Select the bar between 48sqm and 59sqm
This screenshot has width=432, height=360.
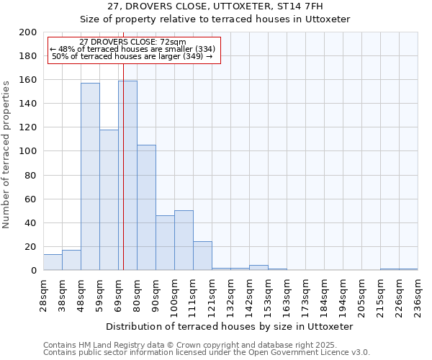[90, 176]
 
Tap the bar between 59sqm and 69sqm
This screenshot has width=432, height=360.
[109, 199]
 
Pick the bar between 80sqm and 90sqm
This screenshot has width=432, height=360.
[146, 207]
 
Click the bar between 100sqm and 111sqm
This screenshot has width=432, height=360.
[184, 240]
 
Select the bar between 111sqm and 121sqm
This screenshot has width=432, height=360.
[202, 256]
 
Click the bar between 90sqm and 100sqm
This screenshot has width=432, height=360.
[165, 243]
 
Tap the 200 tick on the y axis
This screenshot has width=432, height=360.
[28, 32]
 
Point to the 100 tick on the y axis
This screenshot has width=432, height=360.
[28, 151]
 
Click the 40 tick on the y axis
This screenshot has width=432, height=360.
[31, 222]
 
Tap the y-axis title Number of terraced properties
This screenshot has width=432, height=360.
[6, 154]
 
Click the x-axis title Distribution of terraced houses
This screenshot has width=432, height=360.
[229, 326]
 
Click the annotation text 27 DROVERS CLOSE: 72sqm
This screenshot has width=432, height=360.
[132, 42]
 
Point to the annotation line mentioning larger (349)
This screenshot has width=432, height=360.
[132, 56]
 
